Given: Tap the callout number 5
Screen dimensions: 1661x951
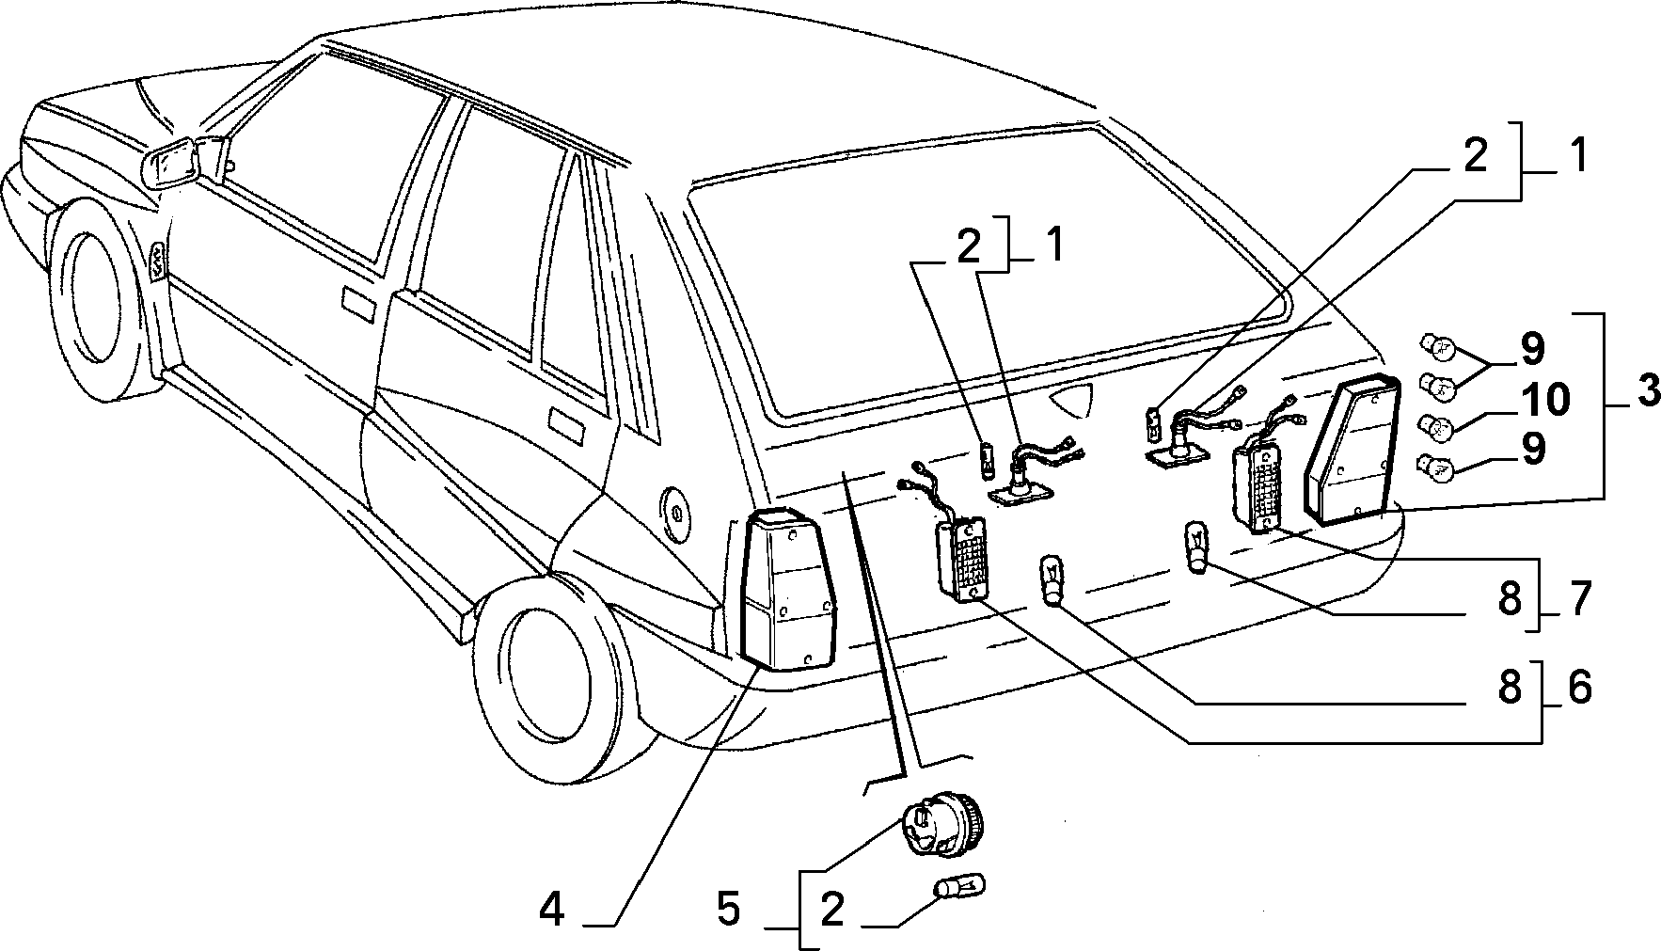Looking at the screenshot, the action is [x=729, y=910].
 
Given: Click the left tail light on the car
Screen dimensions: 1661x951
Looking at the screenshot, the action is [x=788, y=589].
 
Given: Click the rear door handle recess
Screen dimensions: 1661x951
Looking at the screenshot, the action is [x=563, y=424].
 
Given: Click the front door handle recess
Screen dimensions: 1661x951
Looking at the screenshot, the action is [x=358, y=306].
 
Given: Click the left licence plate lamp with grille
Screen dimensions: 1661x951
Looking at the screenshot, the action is [x=959, y=559].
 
